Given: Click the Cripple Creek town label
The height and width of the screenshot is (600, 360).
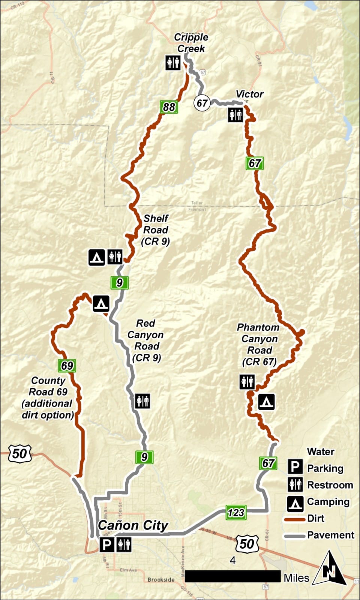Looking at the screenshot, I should [191, 43].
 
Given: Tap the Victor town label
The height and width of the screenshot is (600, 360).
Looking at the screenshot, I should [249, 94].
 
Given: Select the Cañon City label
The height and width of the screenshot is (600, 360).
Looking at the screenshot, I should [133, 525].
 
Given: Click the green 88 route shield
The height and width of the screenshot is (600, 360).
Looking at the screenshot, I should [169, 107].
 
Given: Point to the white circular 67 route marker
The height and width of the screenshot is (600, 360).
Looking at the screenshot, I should [202, 103].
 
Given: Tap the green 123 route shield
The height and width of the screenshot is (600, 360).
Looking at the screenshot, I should [236, 513].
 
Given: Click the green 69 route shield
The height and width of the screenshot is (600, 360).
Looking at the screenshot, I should [67, 366].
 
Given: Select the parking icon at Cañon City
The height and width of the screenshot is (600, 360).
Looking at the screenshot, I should [107, 544].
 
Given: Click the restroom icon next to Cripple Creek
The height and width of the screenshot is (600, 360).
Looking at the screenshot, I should [173, 63].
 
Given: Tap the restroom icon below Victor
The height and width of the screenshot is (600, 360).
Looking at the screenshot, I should [235, 115].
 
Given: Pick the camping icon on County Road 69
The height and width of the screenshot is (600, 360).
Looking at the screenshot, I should [101, 303].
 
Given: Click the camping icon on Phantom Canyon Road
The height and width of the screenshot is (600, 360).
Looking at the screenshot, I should [266, 402].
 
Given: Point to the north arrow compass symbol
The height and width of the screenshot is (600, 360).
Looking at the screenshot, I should [330, 569].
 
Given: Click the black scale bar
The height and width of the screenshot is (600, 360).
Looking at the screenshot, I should [232, 576].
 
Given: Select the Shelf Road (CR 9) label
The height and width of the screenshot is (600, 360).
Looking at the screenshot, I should [156, 230].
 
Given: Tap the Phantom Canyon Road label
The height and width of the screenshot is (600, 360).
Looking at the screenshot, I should [259, 344].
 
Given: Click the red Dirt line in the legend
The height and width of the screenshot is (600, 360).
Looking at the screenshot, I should [294, 519].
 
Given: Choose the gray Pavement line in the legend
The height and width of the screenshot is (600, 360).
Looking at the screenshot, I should [294, 536].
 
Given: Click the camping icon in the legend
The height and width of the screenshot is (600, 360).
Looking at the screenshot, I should [295, 503].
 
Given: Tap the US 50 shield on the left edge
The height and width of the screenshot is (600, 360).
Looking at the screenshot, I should [19, 453].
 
